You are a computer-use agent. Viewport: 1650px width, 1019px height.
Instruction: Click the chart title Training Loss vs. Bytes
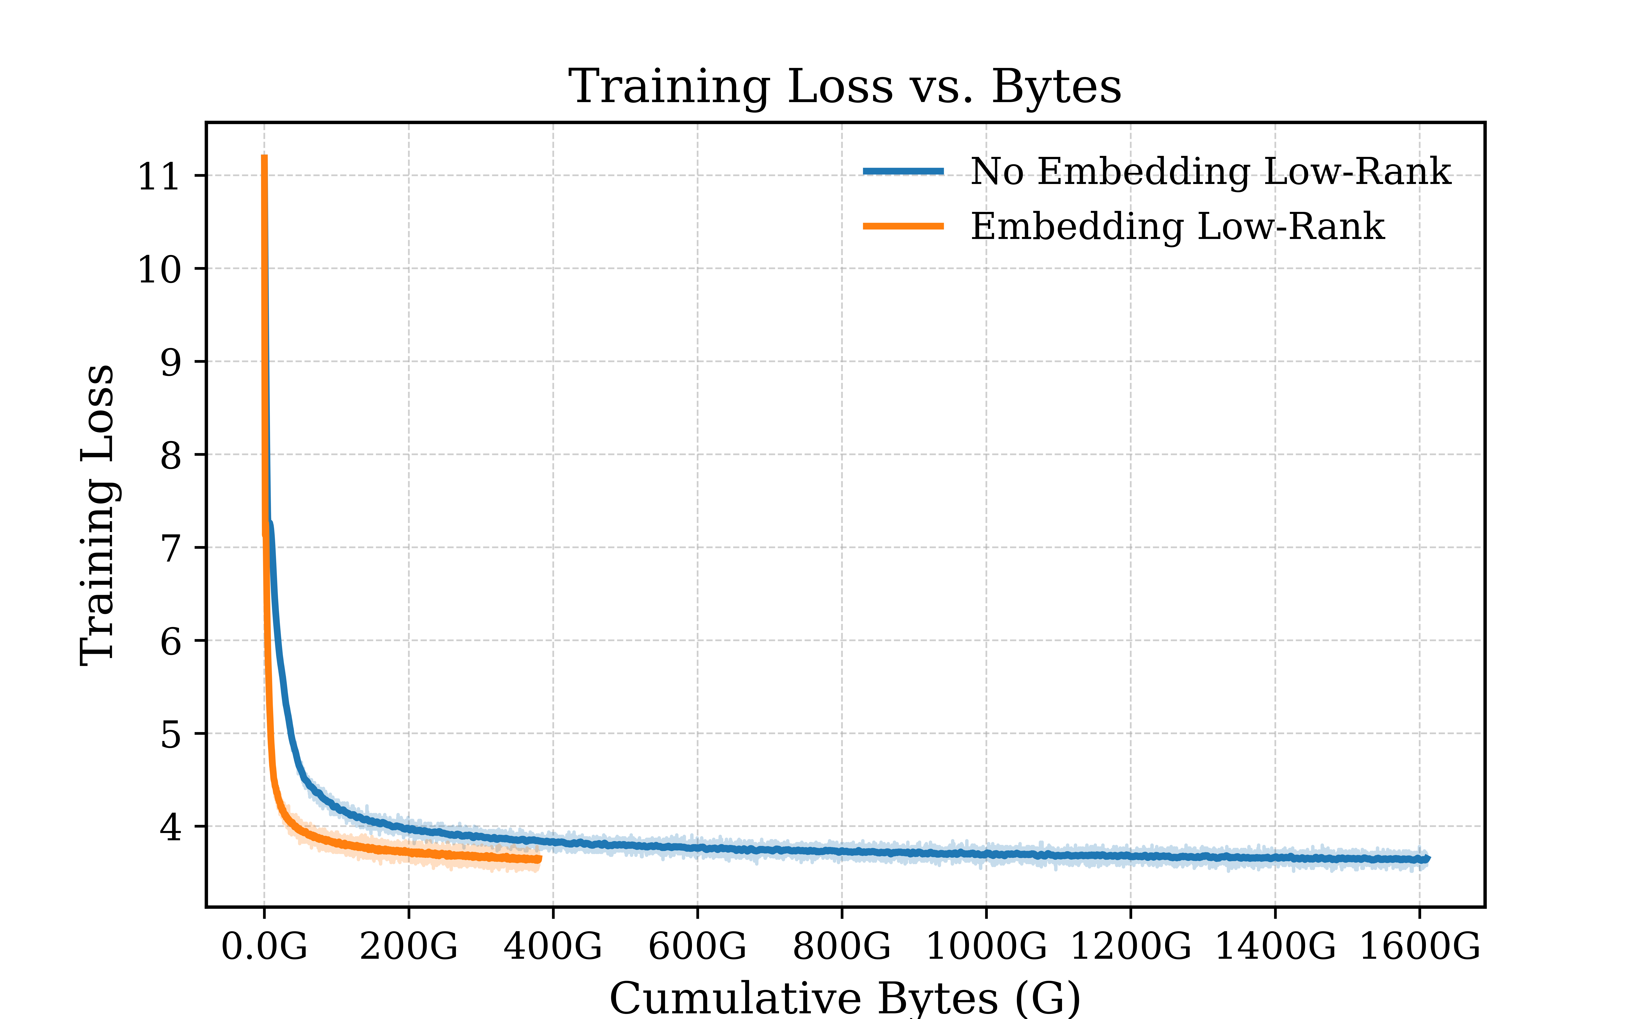[845, 87]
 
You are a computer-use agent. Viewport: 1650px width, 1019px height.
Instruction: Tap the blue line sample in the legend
[903, 171]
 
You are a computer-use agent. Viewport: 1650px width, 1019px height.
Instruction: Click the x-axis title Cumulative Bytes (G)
[845, 998]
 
